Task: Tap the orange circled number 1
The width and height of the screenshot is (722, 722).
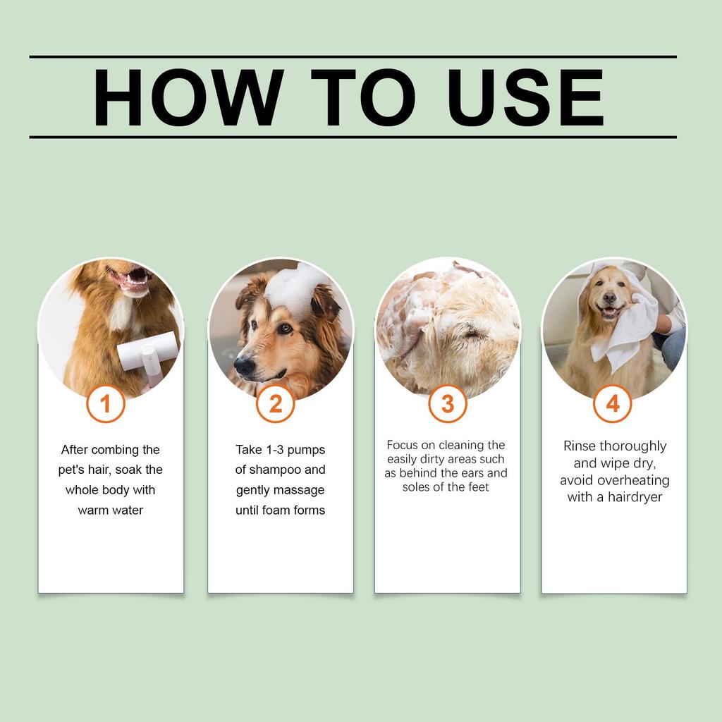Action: [106, 404]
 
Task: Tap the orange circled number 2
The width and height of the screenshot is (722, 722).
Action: [275, 404]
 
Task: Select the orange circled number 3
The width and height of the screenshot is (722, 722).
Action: [448, 404]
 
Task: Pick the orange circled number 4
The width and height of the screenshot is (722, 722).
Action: [613, 404]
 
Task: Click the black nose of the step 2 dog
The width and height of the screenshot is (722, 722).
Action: [244, 366]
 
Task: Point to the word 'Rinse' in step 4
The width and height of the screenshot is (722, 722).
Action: [580, 446]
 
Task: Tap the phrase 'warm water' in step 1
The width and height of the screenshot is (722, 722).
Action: [110, 510]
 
